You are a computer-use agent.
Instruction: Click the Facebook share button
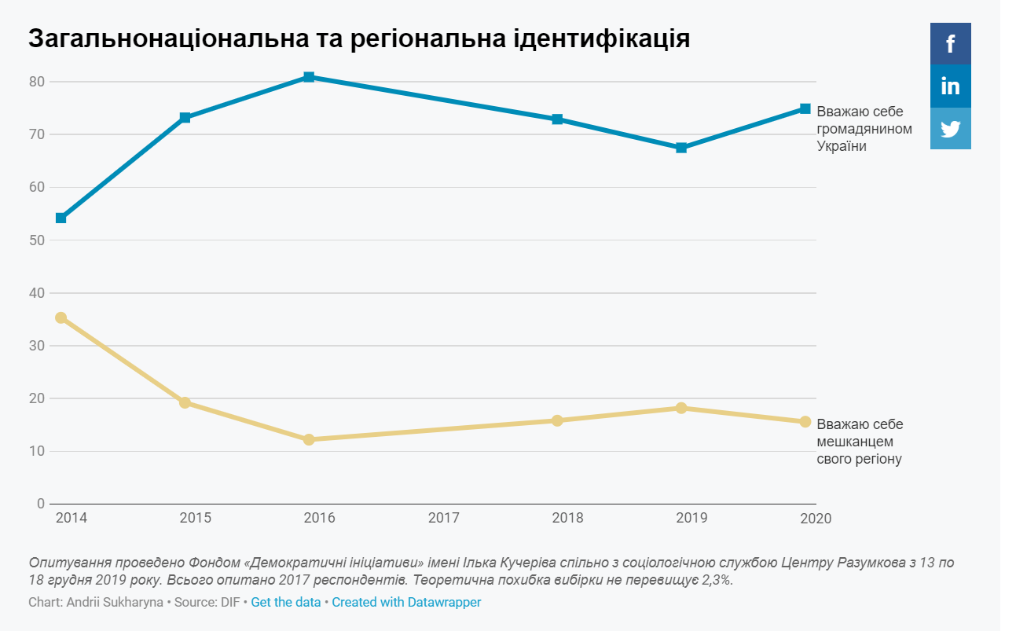(x=950, y=44)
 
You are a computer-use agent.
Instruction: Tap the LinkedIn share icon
(x=950, y=86)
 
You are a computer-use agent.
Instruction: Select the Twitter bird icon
(x=950, y=128)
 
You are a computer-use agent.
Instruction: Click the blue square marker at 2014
(x=61, y=218)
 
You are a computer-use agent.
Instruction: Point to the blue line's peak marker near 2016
(x=309, y=77)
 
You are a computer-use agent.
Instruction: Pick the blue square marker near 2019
(x=681, y=148)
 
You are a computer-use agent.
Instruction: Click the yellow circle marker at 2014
(x=61, y=317)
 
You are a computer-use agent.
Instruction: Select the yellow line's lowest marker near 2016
(x=309, y=439)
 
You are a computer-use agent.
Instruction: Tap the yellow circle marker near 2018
(x=557, y=420)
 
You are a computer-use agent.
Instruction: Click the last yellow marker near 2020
(x=805, y=422)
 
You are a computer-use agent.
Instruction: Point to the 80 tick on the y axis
(x=37, y=82)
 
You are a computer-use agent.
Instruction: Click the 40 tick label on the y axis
(x=37, y=293)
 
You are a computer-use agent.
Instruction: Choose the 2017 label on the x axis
(x=443, y=519)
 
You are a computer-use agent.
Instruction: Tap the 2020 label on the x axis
(x=816, y=519)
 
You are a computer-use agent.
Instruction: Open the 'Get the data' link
(x=286, y=603)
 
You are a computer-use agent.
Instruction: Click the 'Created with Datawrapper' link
(x=406, y=603)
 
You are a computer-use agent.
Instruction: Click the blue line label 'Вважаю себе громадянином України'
(x=864, y=128)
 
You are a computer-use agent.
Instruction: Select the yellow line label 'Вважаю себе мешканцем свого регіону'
(x=860, y=442)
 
